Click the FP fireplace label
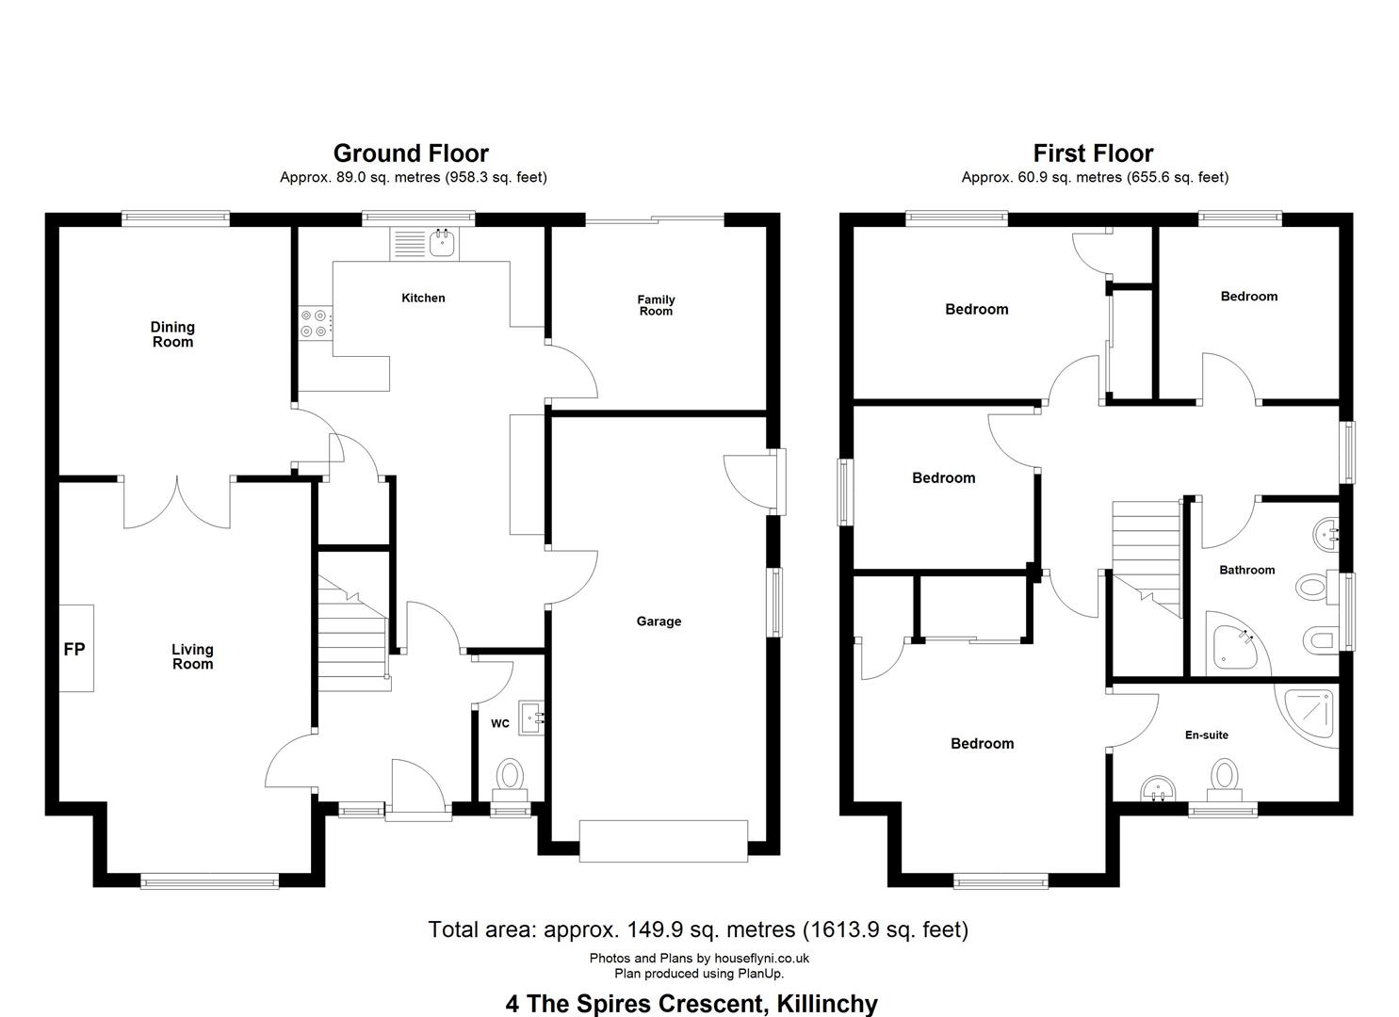pos(74,650)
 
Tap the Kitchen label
pos(423,298)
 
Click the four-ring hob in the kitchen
pos(315,323)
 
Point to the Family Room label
pos(656,305)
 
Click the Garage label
pos(659,621)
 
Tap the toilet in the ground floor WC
pos(511,781)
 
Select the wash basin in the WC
pos(532,718)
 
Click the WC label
pos(500,723)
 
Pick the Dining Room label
pos(173,334)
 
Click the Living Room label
pos(192,656)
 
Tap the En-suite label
pos(1207,734)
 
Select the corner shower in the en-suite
pos(1307,717)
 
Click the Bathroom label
pos(1246,570)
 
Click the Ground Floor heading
pos(411,153)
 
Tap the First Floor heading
pos(1093,153)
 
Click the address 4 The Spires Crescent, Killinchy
pos(691,1003)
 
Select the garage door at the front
pos(663,842)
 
